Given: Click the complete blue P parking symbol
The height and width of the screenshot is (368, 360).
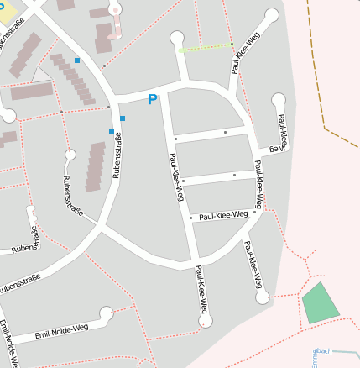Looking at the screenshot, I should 152,100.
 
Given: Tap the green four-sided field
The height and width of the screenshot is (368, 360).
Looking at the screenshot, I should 321,303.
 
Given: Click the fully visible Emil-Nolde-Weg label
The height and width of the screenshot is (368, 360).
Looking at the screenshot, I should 62,334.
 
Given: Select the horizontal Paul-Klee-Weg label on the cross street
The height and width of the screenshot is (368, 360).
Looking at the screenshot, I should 223,215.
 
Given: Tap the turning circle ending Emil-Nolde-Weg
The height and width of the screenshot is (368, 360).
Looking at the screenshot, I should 107,313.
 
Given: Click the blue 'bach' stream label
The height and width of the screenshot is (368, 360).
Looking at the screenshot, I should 323,350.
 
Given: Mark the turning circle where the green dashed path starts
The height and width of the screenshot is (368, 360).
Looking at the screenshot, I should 177,37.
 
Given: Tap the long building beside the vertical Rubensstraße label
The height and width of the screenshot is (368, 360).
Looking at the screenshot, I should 96,166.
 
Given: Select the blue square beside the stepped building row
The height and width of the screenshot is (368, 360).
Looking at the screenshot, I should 77,60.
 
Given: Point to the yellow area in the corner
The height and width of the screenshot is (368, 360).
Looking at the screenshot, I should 6,11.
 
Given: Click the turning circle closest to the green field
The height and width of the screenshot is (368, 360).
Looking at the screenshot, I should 263,297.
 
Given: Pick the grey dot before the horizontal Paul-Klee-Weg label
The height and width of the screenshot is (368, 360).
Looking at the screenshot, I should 191,218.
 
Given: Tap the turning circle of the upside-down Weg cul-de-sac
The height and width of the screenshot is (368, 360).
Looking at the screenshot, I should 279,100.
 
